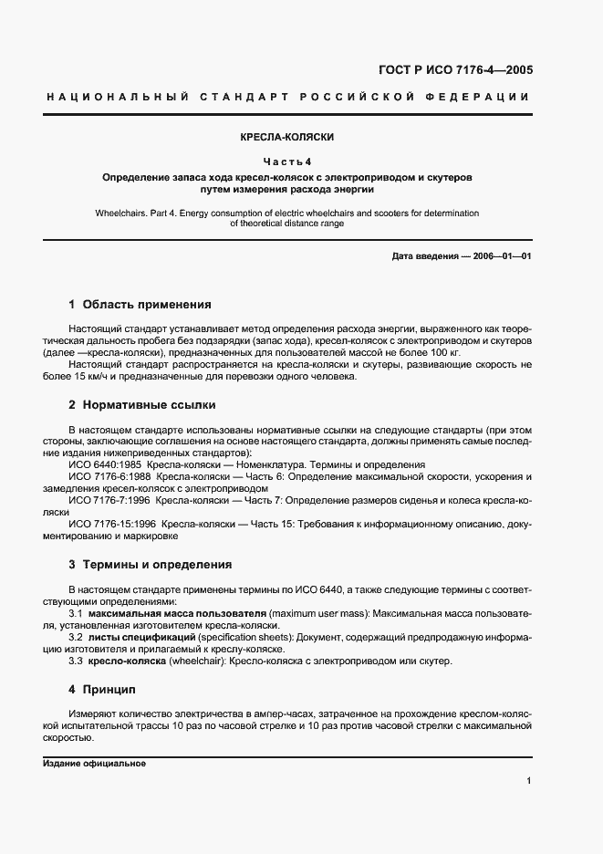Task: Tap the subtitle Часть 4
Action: pos(287,161)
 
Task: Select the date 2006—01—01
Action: pos(502,256)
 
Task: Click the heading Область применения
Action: pos(147,305)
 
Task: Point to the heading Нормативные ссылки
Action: pos(149,404)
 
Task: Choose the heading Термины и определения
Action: pos(156,565)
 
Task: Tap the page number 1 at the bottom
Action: pos(529,781)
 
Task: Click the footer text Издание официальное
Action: pos(94,763)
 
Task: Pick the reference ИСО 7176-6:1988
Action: pos(109,476)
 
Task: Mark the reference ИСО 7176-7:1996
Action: pos(109,501)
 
